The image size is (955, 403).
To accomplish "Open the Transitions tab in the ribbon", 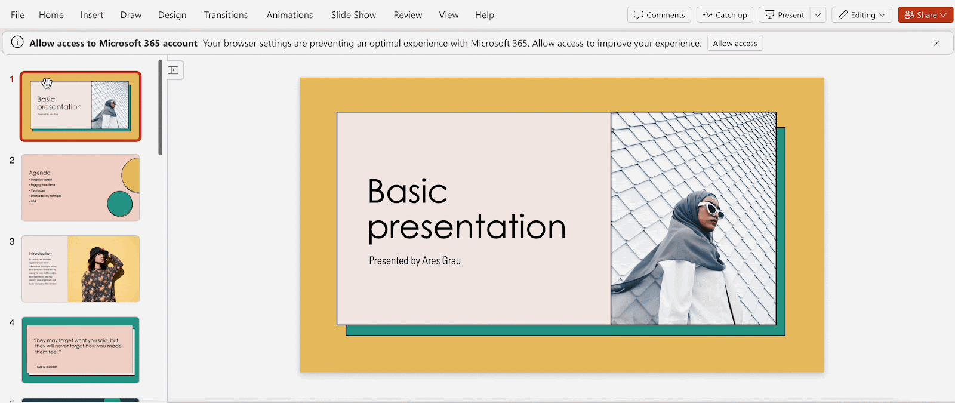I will pos(226,15).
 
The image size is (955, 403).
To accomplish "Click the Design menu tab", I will pos(172,15).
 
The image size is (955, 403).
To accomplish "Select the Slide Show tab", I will pos(353,15).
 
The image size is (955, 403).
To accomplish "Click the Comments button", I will pos(659,15).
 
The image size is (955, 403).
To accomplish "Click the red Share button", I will pos(925,15).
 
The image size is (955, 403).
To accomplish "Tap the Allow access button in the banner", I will pos(735,43).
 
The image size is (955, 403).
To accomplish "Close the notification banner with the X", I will pos(936,43).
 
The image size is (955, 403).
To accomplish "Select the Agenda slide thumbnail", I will pos(81,187).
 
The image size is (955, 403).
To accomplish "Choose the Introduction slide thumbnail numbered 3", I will pos(81,269).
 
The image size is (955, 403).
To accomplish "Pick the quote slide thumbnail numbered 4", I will pos(81,350).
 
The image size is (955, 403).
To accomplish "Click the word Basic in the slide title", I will pos(408,192).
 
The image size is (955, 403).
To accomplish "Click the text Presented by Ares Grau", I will pos(415,261).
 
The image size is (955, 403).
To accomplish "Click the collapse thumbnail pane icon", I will pos(173,70).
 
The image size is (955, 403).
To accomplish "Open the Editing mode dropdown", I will pos(862,15).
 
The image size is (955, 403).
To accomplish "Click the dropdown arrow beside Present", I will pos(818,15).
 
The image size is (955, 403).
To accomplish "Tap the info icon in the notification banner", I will pos(17,42).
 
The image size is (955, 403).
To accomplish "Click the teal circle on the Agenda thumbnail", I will pos(119,204).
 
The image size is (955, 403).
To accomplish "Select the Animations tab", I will pos(289,15).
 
